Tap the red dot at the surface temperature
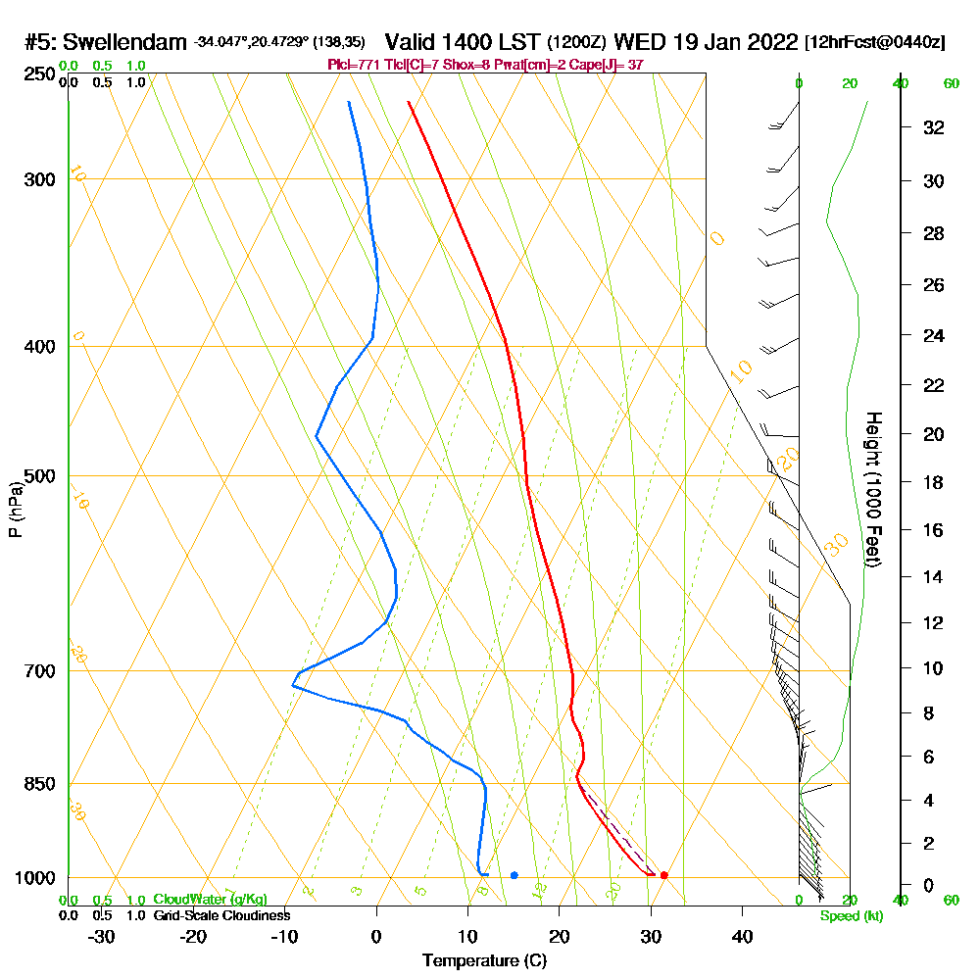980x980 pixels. (663, 875)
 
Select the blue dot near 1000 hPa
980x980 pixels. (514, 875)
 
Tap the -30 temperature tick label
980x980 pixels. (102, 936)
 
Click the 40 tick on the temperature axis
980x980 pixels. (742, 936)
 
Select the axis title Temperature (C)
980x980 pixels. (484, 961)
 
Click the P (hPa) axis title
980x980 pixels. (15, 510)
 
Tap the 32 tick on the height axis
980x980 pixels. (934, 127)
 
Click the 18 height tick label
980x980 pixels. (934, 482)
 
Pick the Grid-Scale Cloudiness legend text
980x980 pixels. (221, 915)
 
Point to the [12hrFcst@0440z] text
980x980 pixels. (874, 42)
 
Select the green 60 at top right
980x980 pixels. (951, 83)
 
